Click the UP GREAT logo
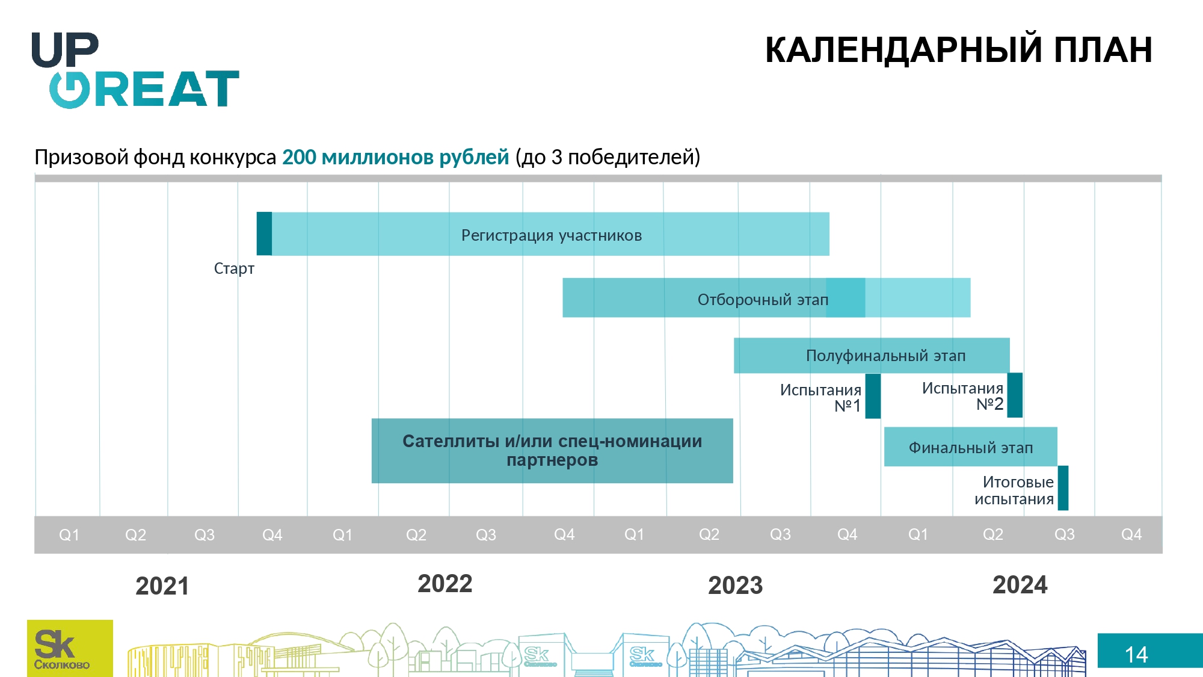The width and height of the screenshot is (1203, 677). pos(135,70)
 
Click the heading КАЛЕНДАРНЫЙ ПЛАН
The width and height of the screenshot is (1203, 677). pos(959,49)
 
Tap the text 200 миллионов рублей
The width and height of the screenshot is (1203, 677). pos(395,157)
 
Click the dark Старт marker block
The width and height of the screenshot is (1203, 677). pos(264,233)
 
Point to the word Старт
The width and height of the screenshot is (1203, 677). pos(234,268)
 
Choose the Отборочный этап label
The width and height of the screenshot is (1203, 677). pos(763,300)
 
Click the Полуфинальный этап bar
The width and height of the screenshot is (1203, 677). pos(872,356)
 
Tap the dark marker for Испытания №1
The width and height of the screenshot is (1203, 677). pos(873,396)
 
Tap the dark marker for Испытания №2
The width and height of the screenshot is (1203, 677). pos(1015,395)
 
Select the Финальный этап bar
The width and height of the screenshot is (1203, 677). pos(971,447)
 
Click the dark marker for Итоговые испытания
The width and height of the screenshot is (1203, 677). pos(1063,488)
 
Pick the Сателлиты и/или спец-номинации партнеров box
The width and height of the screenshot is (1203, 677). pos(552,451)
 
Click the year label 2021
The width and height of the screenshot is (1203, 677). pos(162,586)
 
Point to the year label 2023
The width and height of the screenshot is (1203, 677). pos(735,586)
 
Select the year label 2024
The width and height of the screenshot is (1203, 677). pos(1020,585)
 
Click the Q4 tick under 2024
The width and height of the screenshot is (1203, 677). pos(1131,534)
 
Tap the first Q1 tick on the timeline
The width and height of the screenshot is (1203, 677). pos(69,535)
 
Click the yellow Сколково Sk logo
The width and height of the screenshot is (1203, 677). pos(70,648)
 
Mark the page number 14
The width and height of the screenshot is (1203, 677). pos(1136,655)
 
